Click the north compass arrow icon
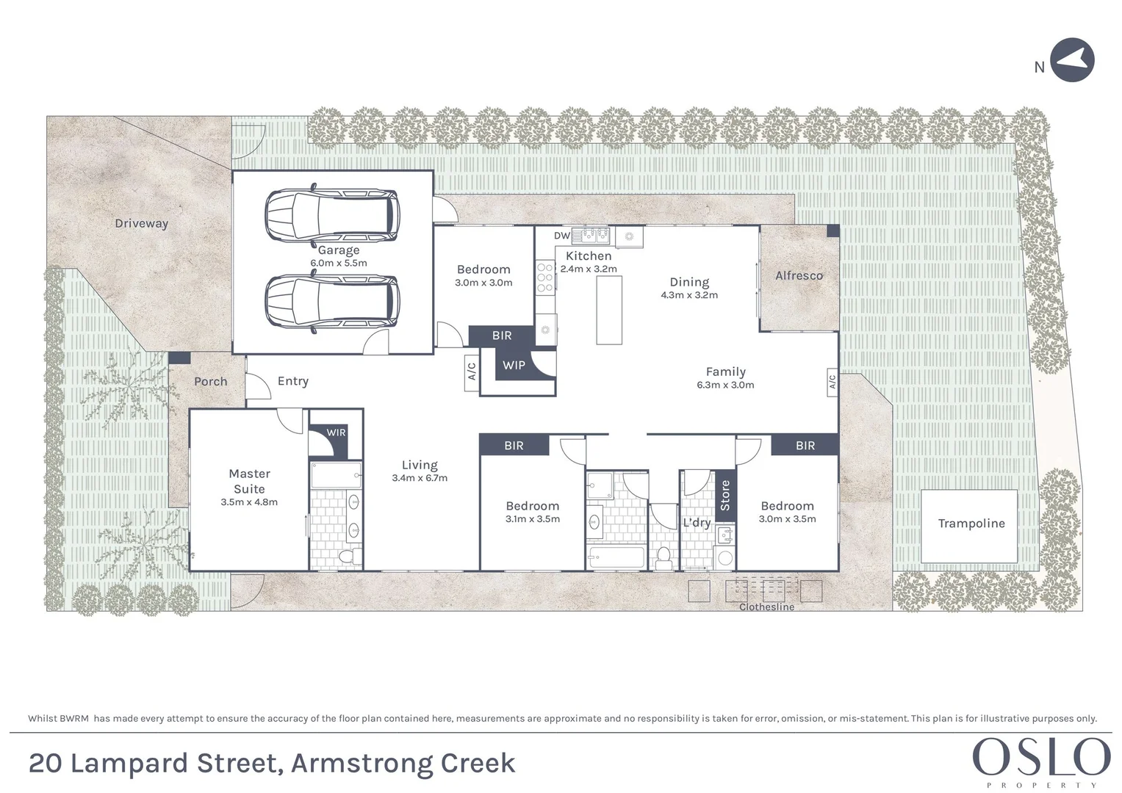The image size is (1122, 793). coord(1072,60)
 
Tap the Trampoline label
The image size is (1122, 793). coord(971,524)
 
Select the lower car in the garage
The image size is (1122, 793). coord(332,302)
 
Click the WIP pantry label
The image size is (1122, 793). coord(514,365)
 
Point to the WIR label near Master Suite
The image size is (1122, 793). coord(336,432)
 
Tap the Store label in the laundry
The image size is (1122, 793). coord(725,495)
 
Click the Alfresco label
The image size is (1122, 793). coord(799,275)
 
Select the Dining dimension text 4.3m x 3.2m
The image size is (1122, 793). coord(688,295)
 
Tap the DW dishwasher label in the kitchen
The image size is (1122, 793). coord(561,236)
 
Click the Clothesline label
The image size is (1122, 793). coord(766,607)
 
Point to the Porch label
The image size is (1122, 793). coord(210,381)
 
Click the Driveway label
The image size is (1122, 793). coord(141,223)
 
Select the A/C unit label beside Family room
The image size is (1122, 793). coord(832,382)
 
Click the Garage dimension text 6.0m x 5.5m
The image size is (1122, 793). coord(338,263)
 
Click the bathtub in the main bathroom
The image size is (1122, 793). coord(616,558)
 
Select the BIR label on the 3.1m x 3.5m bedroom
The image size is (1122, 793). coord(514,445)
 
